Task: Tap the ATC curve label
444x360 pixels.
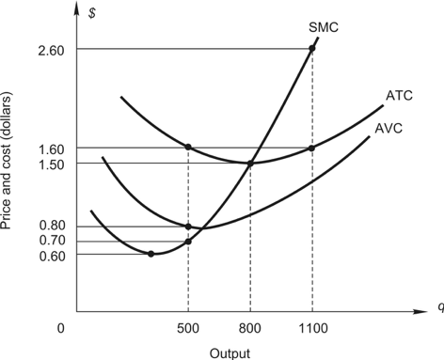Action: point(398,96)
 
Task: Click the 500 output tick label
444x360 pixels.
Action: point(189,329)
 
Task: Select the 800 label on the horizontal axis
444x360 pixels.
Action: point(250,329)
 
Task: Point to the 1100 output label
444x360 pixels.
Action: point(311,329)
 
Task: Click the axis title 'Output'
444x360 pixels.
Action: point(230,353)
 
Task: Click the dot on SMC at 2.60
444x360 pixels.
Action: point(311,49)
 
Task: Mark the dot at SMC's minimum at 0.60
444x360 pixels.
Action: point(151,254)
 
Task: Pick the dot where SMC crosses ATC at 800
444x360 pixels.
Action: point(250,164)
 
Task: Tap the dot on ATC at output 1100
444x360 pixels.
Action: point(311,148)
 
